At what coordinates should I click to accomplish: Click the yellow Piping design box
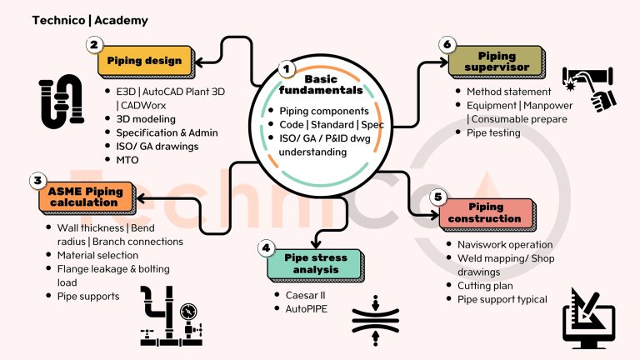(146, 61)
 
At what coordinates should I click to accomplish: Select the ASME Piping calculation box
(87, 197)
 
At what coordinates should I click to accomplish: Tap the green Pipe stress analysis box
(315, 264)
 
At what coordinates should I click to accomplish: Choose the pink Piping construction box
(487, 214)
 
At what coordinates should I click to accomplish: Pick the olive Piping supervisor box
(496, 62)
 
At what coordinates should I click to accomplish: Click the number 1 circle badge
(287, 68)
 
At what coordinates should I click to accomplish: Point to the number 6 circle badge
(447, 44)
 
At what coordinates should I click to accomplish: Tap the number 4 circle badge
(266, 247)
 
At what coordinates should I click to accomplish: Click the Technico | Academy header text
(90, 20)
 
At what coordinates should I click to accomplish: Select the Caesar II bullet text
(305, 295)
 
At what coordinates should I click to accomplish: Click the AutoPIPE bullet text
(306, 309)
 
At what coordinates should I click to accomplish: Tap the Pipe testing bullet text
(493, 133)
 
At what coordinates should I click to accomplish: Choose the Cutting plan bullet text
(485, 286)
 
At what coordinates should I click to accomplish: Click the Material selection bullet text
(97, 255)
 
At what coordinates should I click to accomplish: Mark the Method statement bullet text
(508, 92)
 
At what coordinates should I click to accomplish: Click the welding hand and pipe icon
(588, 89)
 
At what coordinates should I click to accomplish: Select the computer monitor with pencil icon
(588, 318)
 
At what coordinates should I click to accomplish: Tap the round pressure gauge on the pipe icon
(188, 312)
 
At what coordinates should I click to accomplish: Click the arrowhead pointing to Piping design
(200, 62)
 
